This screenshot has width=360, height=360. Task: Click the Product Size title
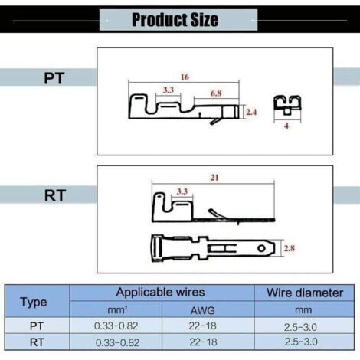click(175, 20)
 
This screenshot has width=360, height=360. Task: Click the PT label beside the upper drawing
click(54, 78)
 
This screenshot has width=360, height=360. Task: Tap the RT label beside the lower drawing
click(55, 195)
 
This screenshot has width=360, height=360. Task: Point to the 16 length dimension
click(185, 77)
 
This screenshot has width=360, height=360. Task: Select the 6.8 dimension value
click(216, 93)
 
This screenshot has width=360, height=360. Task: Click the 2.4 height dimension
click(251, 112)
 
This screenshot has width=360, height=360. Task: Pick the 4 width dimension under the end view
click(286, 126)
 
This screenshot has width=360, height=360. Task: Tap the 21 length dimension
click(214, 178)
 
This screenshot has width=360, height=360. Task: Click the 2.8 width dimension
click(290, 248)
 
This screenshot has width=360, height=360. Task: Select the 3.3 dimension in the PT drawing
click(169, 90)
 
